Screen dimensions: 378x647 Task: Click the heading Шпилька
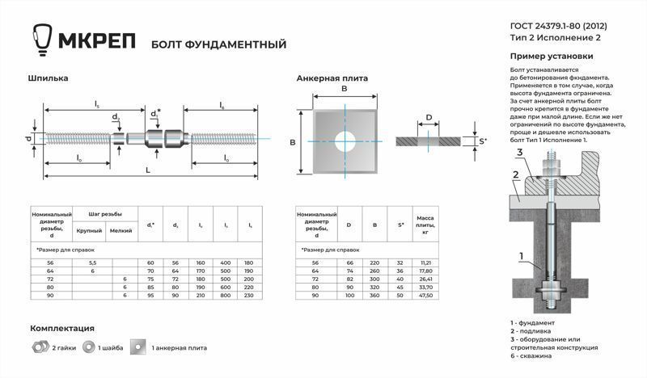click(48, 78)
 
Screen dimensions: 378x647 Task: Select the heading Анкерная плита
click(332, 78)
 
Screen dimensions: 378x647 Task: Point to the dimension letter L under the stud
click(146, 170)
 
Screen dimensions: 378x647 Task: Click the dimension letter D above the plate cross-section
click(429, 117)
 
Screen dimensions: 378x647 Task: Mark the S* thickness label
click(482, 141)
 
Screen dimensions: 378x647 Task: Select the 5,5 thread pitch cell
click(92, 262)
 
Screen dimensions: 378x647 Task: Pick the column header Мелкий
click(121, 231)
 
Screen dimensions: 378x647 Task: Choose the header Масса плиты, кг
click(425, 225)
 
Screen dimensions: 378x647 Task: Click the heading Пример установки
click(552, 57)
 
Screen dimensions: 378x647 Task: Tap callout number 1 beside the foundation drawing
click(522, 258)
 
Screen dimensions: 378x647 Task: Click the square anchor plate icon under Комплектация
click(142, 347)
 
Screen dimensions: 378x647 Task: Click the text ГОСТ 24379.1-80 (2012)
click(559, 27)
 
